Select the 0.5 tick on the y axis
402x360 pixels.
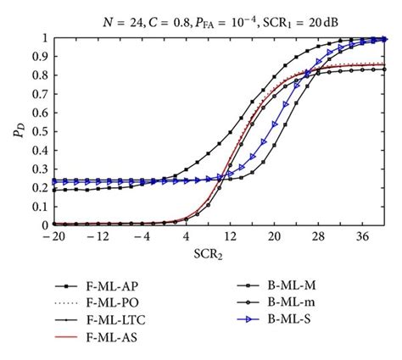[42, 132]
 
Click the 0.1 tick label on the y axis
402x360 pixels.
[42, 207]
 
